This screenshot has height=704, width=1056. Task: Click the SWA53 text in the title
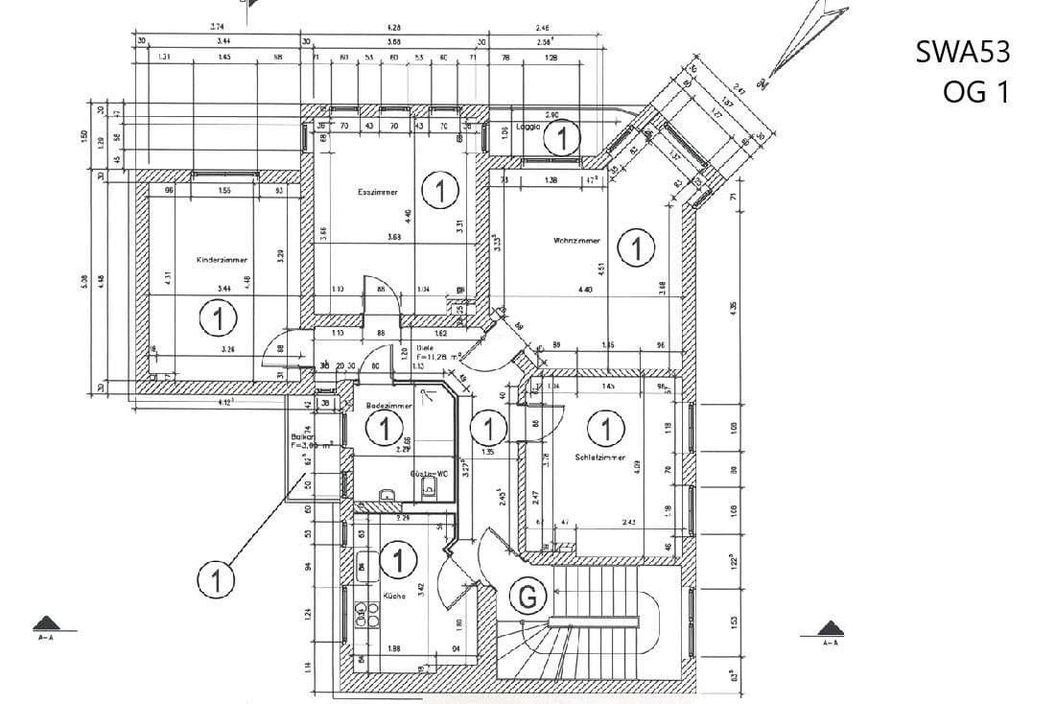coord(962,53)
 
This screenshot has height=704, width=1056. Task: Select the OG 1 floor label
coord(976,92)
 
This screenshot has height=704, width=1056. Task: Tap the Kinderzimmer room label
coord(223,260)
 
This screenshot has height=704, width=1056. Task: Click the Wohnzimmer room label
coord(576,240)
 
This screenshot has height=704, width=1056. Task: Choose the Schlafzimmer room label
coord(601,458)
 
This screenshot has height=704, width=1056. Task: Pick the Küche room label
coord(394,596)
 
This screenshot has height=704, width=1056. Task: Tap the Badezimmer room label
coord(388,407)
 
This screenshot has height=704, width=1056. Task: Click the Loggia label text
coord(528,127)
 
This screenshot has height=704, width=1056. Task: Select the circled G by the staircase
coord(527,598)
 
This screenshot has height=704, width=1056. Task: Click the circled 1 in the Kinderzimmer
coord(219,317)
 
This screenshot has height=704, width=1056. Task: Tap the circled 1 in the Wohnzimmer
coord(636,247)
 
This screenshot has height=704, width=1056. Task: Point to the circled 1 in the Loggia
coord(562,139)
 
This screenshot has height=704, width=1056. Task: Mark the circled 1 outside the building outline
coord(217,579)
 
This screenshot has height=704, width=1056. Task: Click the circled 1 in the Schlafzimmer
coord(605,427)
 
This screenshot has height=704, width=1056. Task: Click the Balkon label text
coord(304,436)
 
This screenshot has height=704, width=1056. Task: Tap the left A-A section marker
coord(45,628)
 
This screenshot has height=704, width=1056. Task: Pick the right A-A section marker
coord(831,632)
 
